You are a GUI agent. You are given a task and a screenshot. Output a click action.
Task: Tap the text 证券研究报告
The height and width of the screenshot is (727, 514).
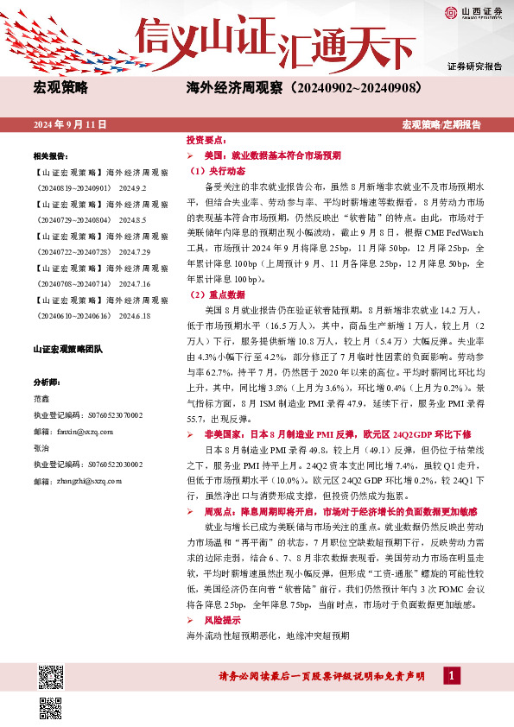[474, 66]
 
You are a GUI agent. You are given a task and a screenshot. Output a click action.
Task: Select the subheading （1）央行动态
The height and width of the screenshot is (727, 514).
[212, 171]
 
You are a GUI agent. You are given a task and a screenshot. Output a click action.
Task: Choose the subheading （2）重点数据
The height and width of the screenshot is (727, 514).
[212, 295]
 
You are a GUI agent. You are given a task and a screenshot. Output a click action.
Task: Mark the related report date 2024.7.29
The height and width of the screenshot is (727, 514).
[134, 250]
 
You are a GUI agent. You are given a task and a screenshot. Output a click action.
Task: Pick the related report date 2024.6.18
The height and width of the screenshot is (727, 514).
[134, 316]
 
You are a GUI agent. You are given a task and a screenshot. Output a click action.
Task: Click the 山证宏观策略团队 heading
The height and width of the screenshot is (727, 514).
[67, 350]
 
